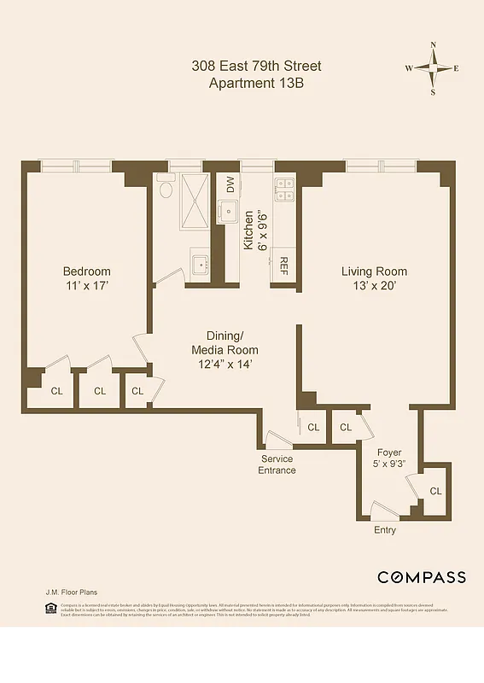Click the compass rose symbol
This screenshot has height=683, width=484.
click(433, 68)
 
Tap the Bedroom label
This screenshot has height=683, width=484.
click(86, 271)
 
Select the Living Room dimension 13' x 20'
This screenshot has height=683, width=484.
click(370, 286)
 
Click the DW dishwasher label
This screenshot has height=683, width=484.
click(230, 184)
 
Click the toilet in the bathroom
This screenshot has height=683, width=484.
click(166, 189)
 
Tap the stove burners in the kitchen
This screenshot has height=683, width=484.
click(283, 190)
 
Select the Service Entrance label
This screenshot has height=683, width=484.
click(277, 464)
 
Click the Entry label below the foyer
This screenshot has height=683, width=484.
click(385, 530)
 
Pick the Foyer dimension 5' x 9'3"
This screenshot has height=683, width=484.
click(389, 464)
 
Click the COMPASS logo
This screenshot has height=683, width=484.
click(422, 577)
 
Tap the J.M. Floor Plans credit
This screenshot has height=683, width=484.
click(71, 591)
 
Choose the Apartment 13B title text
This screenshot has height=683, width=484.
click(256, 83)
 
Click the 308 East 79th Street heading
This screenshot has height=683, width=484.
click(256, 67)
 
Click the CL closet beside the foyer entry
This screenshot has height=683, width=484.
click(435, 491)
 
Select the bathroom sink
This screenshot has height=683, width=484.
click(201, 265)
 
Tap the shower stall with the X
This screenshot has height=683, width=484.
click(195, 201)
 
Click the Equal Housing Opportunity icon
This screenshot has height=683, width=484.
click(50, 608)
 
